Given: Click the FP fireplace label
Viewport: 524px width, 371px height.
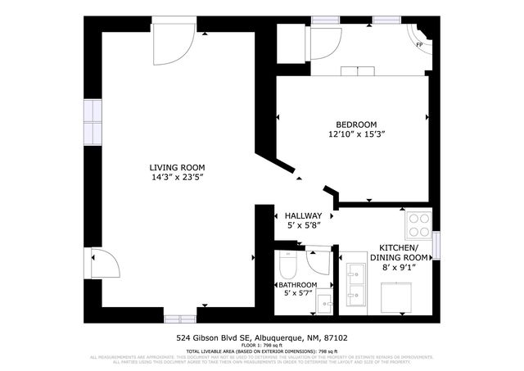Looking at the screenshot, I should click(x=419, y=44).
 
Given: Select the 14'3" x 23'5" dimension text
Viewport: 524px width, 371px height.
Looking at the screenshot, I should click(x=177, y=177).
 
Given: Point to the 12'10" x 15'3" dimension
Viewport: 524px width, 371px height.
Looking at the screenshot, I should click(x=356, y=133).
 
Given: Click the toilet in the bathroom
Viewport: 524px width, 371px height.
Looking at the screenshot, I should click(x=287, y=264).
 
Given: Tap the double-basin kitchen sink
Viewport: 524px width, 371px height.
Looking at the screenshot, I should click(x=357, y=283).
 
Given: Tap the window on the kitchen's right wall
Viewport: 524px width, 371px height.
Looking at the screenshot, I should click(x=436, y=243).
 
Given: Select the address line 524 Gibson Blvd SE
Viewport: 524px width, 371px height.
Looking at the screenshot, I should click(x=261, y=337).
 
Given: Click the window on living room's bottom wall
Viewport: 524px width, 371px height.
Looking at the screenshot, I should click(x=185, y=316).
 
